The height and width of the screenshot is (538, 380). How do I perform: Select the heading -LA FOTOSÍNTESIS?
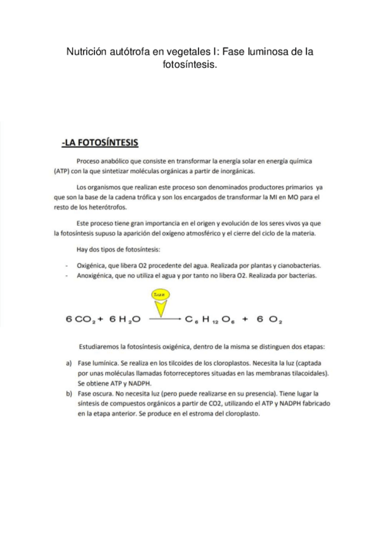[x=100, y=143]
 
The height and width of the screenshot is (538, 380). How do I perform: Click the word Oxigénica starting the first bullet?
[x=93, y=265]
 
